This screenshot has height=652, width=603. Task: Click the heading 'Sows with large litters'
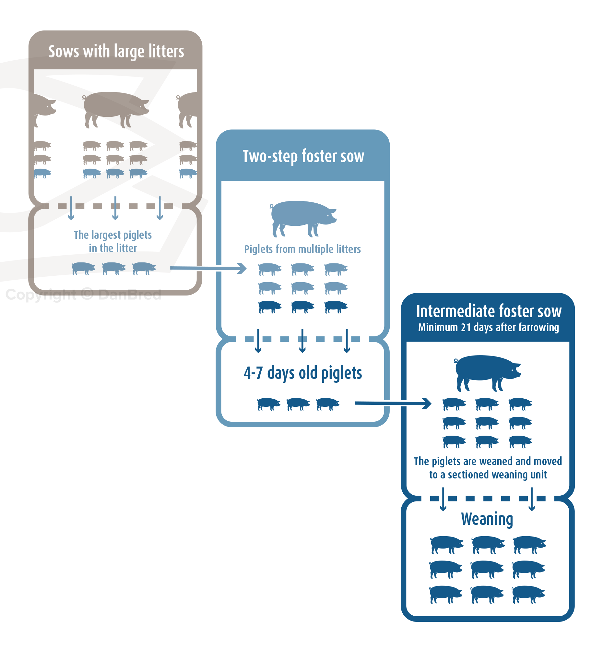(x=116, y=52)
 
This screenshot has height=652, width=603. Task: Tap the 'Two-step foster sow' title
(x=303, y=156)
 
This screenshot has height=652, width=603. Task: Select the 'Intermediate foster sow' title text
(x=489, y=311)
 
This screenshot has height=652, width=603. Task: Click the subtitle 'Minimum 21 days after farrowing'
(x=489, y=328)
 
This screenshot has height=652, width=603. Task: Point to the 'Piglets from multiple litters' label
(x=302, y=249)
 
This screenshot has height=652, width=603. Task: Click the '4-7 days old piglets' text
(x=303, y=373)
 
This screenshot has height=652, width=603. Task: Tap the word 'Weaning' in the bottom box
(x=487, y=519)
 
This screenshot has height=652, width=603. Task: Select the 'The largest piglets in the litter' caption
(x=113, y=241)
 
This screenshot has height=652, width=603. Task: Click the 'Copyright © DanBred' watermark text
(x=83, y=295)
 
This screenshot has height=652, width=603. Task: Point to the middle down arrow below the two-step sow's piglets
(x=302, y=341)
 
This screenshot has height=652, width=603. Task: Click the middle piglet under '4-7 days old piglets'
(x=298, y=404)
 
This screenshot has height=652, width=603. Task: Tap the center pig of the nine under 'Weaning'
(x=487, y=569)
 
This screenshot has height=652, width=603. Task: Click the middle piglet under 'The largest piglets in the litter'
(x=113, y=268)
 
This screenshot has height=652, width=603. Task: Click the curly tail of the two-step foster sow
(x=271, y=206)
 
